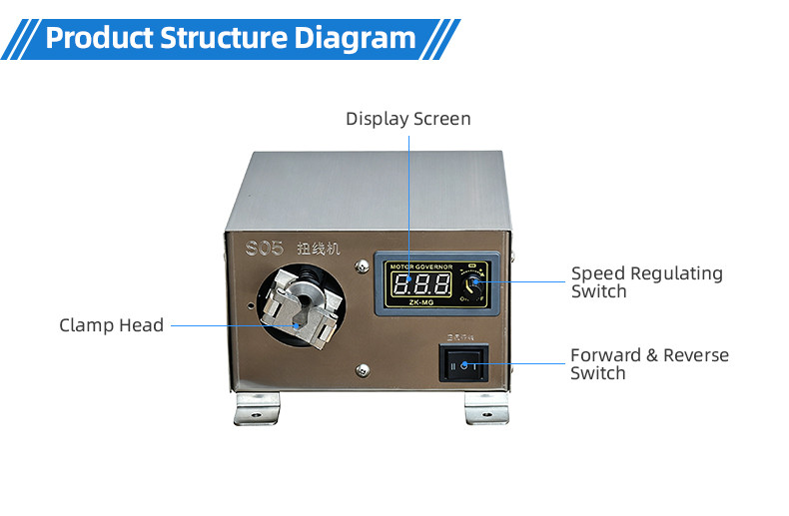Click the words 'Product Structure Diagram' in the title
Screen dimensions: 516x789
point(231,39)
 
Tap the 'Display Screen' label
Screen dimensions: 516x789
point(407,119)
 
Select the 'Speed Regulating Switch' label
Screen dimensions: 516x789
point(646,281)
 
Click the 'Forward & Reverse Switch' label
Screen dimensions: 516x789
point(649,363)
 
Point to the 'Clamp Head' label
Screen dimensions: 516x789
point(111,324)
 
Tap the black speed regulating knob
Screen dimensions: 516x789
point(475,284)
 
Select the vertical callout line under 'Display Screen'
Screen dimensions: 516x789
point(408,200)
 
